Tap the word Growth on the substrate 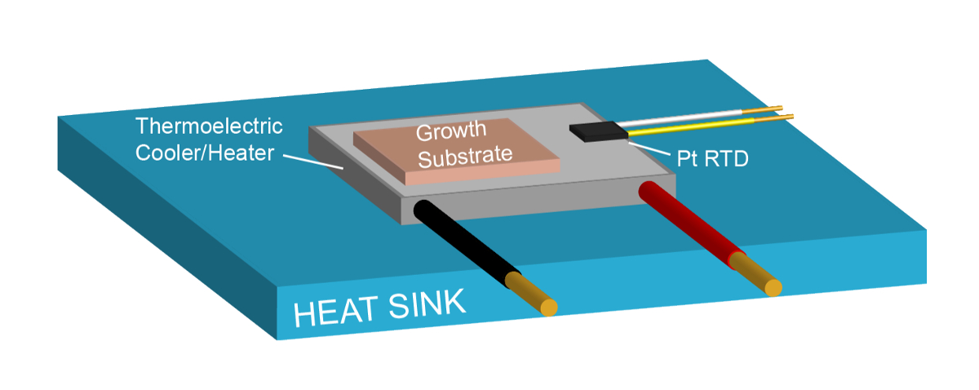coord(451,131)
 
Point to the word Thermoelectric coord(209,126)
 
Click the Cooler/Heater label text coord(206,152)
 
